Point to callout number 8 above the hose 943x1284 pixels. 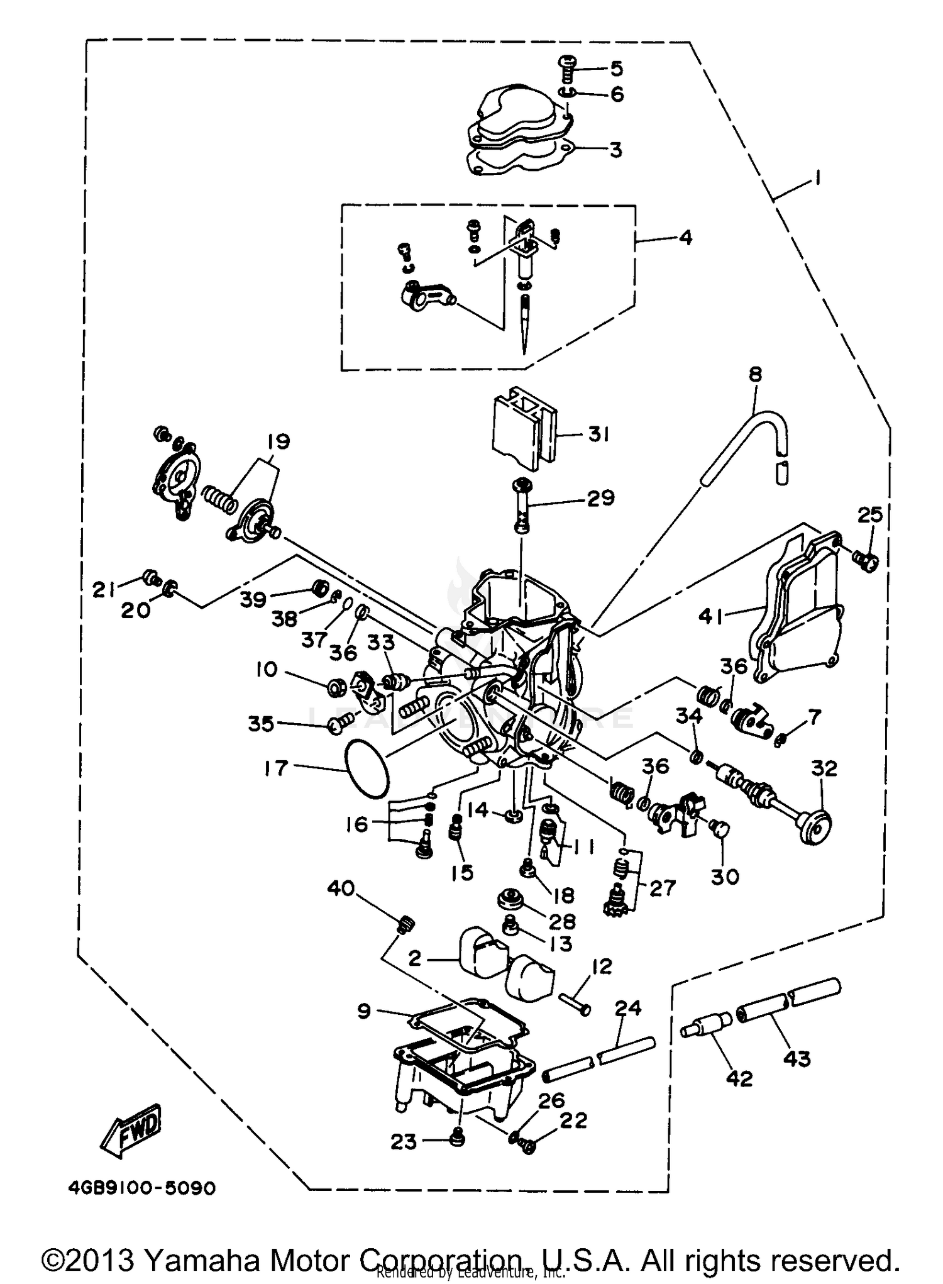(x=755, y=374)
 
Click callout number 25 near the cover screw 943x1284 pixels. (x=870, y=516)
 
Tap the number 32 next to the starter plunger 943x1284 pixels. (x=824, y=768)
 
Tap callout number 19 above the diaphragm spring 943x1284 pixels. (x=278, y=441)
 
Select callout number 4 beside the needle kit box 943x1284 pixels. (x=685, y=238)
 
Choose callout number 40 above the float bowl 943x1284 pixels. (x=341, y=889)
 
